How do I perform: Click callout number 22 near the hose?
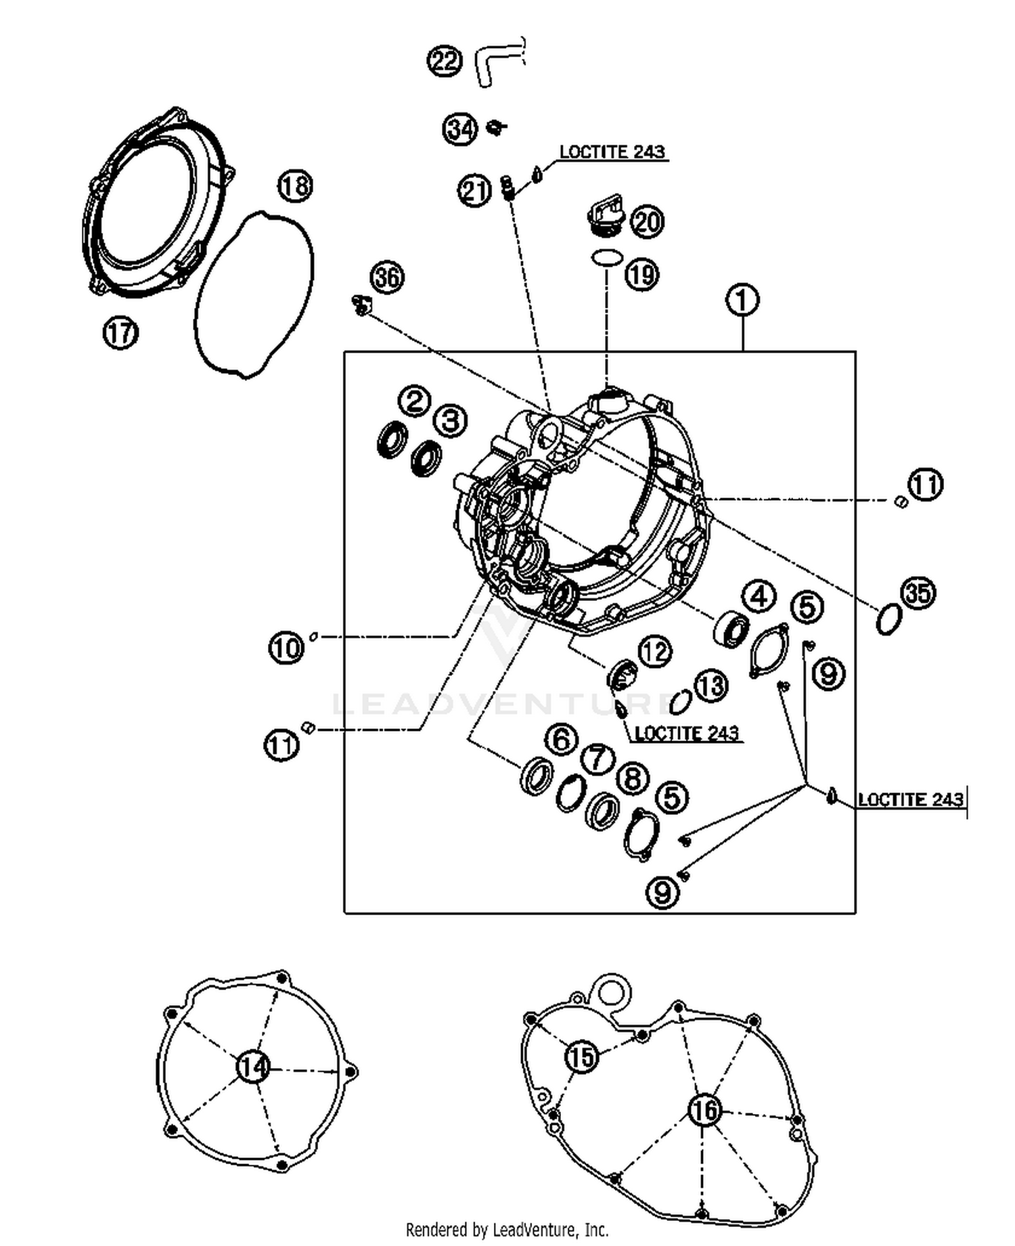coord(445,62)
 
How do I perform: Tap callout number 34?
coord(460,129)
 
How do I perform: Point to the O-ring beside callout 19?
coord(606,258)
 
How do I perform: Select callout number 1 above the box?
coord(742,300)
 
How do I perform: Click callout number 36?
coord(388,277)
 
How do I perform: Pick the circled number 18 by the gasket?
coord(295,185)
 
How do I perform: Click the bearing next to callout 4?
coord(731,629)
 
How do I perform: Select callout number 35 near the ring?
coord(918,593)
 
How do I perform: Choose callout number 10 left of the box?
coord(286,648)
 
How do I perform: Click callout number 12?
coord(654,652)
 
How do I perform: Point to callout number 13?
coord(710,686)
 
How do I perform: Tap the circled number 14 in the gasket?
coord(254,1067)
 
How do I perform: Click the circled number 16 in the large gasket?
coord(705,1110)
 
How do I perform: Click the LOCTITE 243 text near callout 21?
coord(612,152)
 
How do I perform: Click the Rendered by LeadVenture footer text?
coord(507,1229)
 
